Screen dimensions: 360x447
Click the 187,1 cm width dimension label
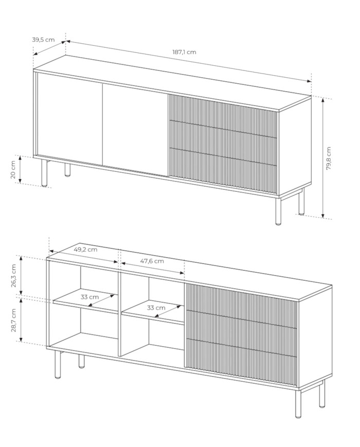point(184,52)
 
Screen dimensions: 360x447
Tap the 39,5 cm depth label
point(43,40)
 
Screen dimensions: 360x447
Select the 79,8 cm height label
point(328,158)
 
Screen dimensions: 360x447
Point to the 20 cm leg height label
point(13,170)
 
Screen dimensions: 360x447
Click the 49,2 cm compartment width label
point(85,249)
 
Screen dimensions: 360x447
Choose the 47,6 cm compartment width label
point(152,261)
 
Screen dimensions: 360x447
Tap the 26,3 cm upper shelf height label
point(14,276)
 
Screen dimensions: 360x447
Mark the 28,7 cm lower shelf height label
point(14,320)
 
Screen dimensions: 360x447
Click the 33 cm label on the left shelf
point(89,297)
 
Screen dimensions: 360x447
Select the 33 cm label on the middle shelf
point(156,308)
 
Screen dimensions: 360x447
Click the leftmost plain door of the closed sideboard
point(69,118)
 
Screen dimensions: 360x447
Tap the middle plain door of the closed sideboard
point(135,130)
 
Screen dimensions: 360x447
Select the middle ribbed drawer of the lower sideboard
point(241,326)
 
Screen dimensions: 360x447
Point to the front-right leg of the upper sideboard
point(278,211)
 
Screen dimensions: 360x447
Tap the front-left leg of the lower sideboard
point(58,365)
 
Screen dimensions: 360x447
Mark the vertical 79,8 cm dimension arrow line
point(323,158)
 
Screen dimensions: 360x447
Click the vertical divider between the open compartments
point(120,314)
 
